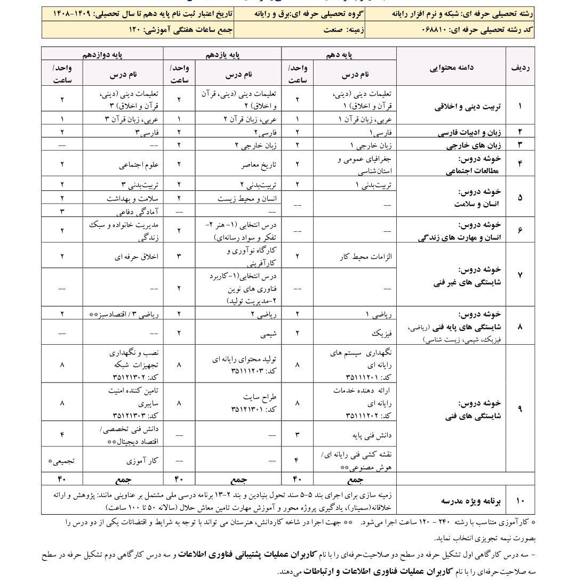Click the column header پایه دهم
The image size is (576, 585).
coord(339,54)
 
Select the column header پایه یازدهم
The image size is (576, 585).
coord(222,54)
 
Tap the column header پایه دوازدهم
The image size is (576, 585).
coord(102,54)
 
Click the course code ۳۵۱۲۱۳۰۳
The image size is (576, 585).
coord(132,415)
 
